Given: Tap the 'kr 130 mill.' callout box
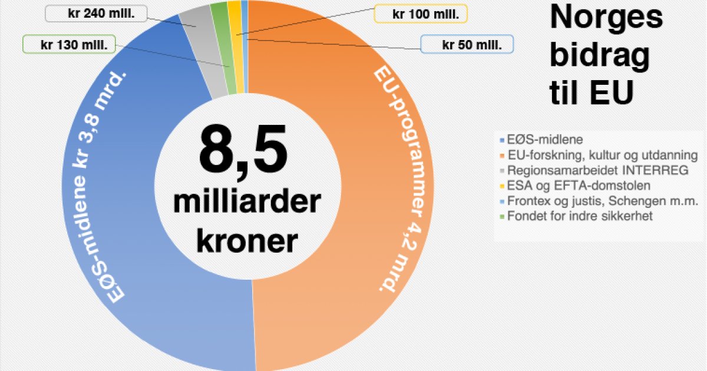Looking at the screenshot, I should (69, 44).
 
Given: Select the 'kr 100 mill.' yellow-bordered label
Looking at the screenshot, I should (421, 14).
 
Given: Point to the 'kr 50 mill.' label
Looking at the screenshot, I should (467, 44).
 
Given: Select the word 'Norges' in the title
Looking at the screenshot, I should (606, 18).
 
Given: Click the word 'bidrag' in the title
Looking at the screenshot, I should (600, 55).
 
